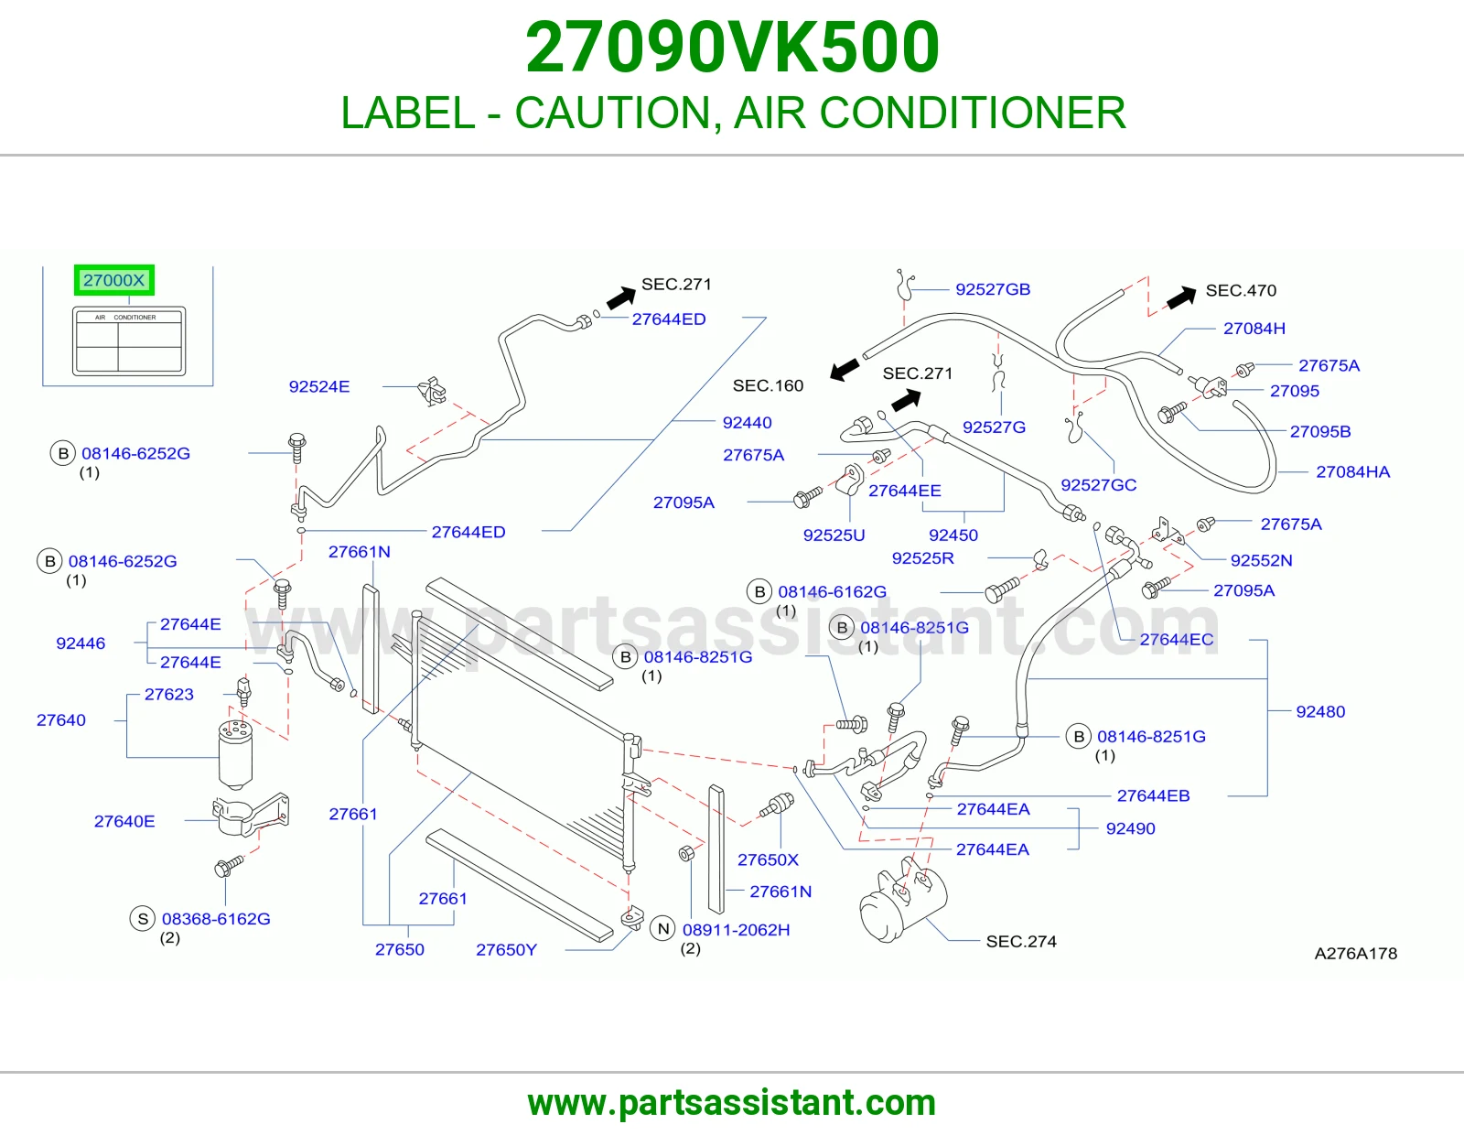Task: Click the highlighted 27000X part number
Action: pyautogui.click(x=113, y=280)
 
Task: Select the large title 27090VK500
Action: pyautogui.click(x=732, y=48)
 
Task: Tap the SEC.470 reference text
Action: pyautogui.click(x=1241, y=290)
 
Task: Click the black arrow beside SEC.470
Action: pyautogui.click(x=1181, y=297)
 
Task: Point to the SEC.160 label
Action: pyautogui.click(x=768, y=385)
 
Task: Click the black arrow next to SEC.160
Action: pyautogui.click(x=845, y=370)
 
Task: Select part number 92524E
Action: pyautogui.click(x=319, y=387)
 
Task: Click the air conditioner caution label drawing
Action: pyautogui.click(x=129, y=341)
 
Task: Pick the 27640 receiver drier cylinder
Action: pyautogui.click(x=236, y=753)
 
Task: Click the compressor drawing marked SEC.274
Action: pyautogui.click(x=903, y=900)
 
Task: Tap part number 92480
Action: pyautogui.click(x=1320, y=712)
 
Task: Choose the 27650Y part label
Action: pyautogui.click(x=506, y=950)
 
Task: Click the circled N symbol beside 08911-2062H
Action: pyautogui.click(x=663, y=929)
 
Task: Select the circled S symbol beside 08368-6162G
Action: pyautogui.click(x=143, y=918)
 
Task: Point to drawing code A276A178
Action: pyautogui.click(x=1355, y=954)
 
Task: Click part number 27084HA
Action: pyautogui.click(x=1353, y=471)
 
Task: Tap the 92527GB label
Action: pyautogui.click(x=993, y=289)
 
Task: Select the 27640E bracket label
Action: pyautogui.click(x=124, y=822)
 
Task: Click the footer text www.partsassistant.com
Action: pyautogui.click(x=732, y=1103)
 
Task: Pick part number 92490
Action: pyautogui.click(x=1131, y=828)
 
